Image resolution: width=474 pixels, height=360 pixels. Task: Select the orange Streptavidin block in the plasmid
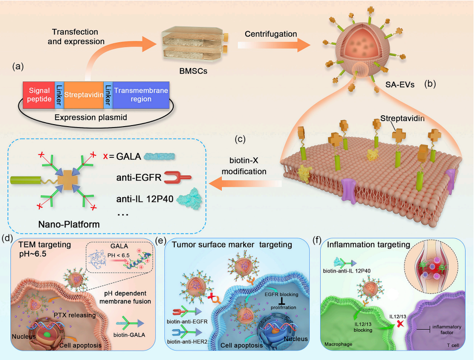click(x=83, y=95)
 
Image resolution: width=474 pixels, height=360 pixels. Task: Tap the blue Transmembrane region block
click(x=141, y=95)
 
